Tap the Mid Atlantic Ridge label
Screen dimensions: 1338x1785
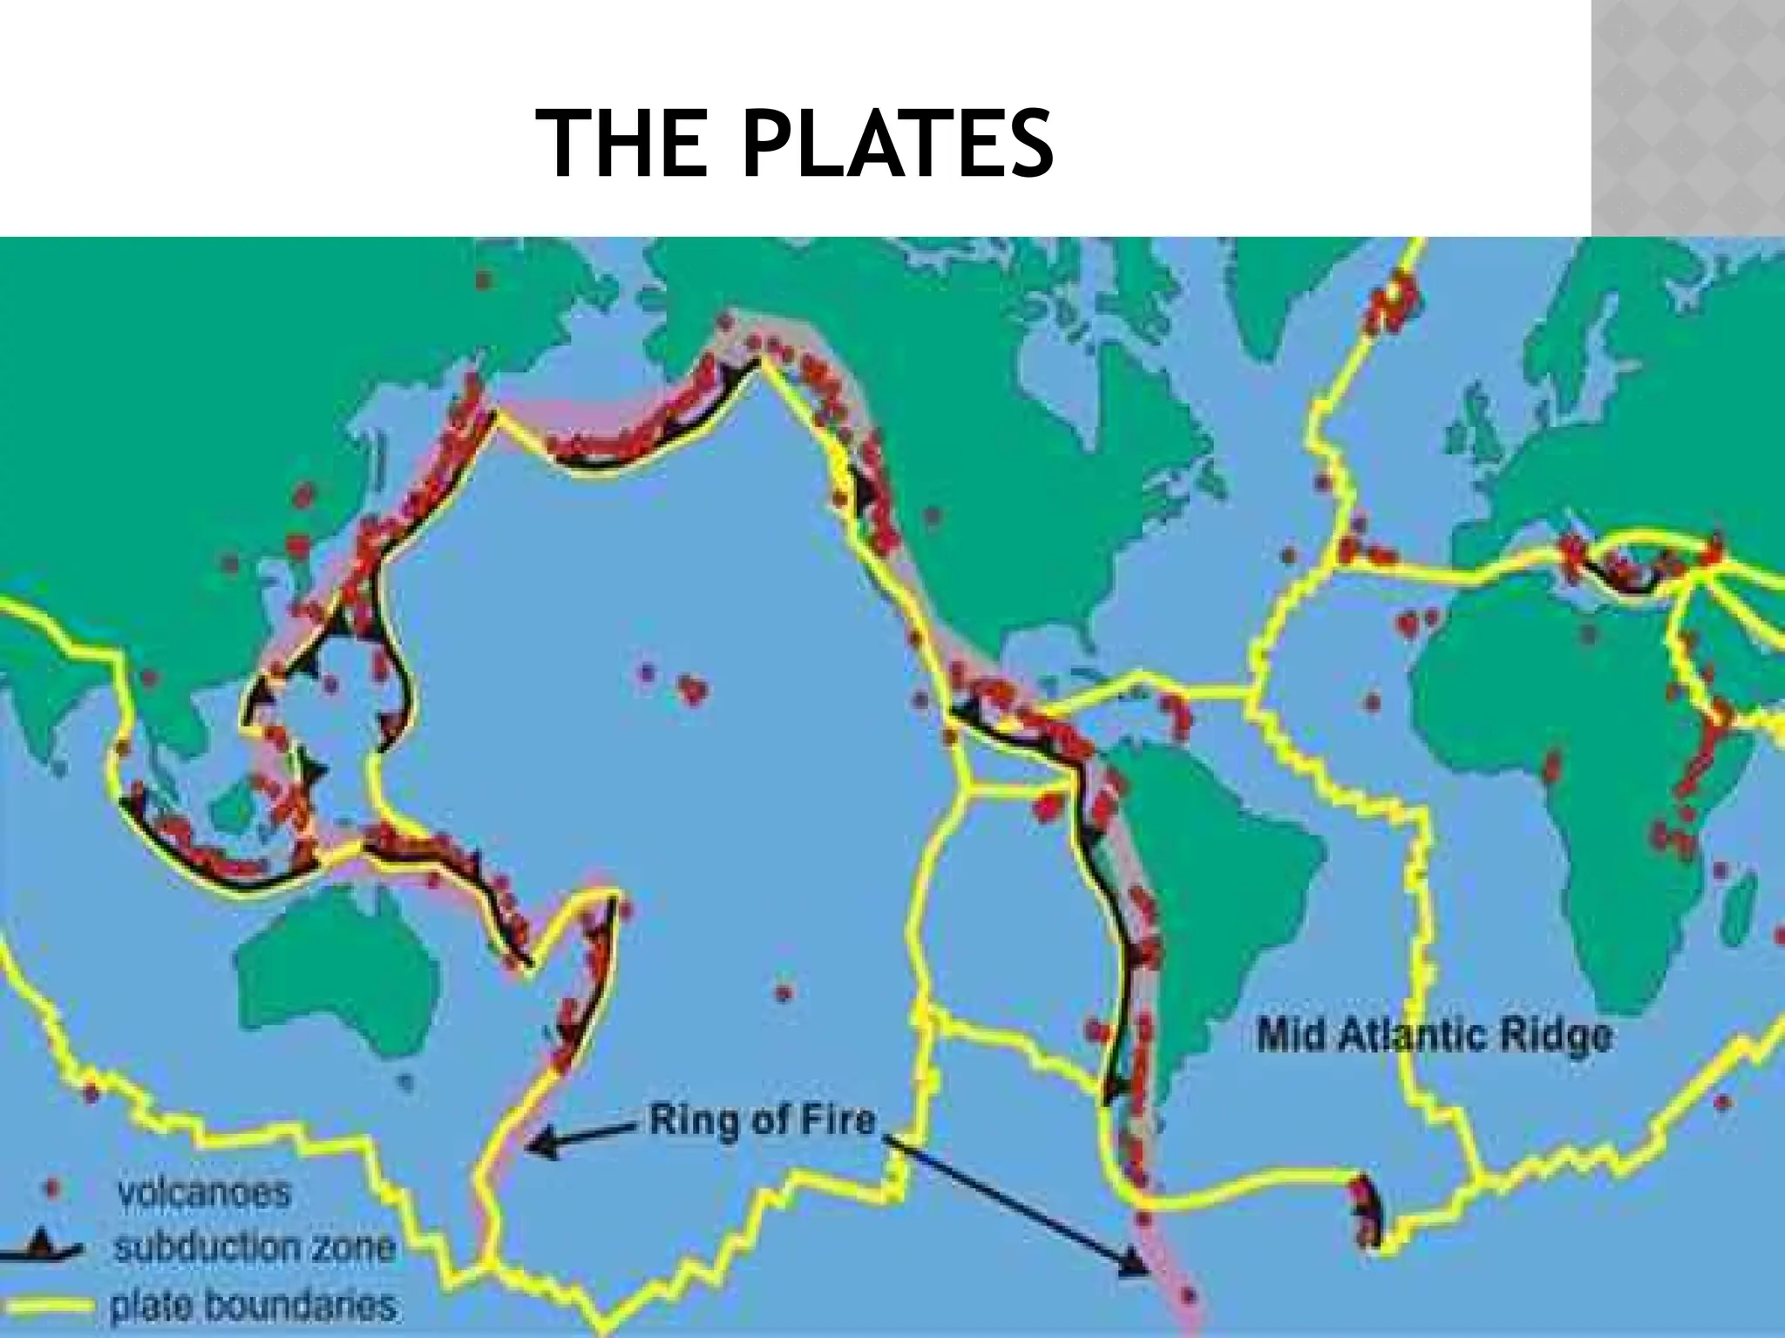[x=1433, y=1037]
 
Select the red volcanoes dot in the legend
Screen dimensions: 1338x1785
[x=51, y=1187]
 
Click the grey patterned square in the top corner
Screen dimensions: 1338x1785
[x=1687, y=118]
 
